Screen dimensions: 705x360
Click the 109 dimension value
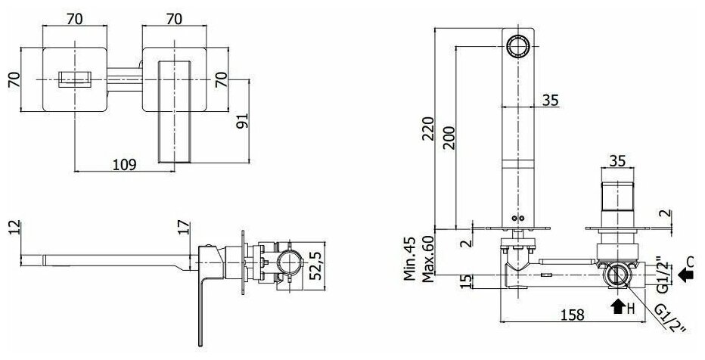126,163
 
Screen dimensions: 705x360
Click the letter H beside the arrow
629,309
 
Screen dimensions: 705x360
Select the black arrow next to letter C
686,275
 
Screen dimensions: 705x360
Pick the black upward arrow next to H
613,306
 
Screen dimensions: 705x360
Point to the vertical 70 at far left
12,79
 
